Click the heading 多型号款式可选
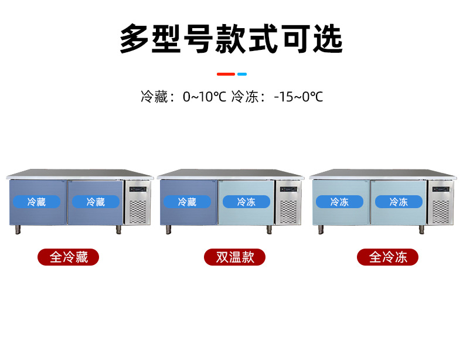231,39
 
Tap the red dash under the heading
226,74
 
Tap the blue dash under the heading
241,74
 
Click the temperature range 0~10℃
204,96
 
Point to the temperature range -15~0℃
298,96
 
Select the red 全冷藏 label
68,257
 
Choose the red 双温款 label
234,257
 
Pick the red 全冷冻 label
387,257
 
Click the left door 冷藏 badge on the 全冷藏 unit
36,202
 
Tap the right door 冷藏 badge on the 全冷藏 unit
95,202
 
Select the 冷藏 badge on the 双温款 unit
187,202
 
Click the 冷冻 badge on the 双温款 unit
246,202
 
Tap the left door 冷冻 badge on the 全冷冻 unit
339,202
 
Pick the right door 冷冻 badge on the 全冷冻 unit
398,202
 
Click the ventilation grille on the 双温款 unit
288,212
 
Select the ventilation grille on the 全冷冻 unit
441,212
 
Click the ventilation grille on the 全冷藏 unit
137,212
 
